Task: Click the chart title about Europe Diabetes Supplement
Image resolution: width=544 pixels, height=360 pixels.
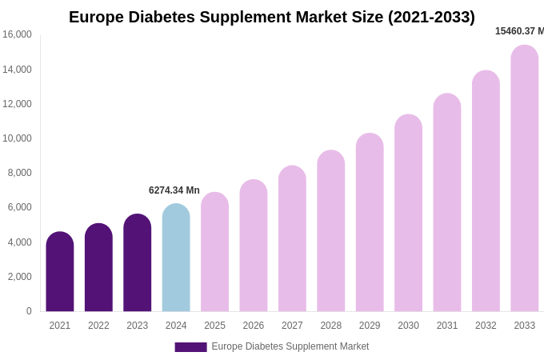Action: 271,17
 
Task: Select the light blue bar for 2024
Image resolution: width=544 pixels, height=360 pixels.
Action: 176,258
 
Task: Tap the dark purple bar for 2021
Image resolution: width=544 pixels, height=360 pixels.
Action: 60,272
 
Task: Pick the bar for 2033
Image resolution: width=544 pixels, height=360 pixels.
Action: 524,178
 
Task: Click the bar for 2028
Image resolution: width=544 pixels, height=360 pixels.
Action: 330,231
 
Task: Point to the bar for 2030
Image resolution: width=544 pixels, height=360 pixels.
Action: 408,213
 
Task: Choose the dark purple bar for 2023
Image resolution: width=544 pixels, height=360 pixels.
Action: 138,262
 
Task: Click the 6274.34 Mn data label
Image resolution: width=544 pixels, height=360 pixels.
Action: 174,190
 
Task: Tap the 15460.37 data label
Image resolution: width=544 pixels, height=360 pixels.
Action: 519,31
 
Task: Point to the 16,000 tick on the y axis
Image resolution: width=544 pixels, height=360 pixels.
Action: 17,34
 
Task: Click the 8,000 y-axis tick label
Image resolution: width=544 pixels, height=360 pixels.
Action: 19,173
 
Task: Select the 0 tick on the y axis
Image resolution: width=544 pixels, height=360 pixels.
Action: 29,311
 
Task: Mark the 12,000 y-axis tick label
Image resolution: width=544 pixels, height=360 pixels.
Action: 17,104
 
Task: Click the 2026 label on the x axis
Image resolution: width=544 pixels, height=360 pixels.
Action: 254,326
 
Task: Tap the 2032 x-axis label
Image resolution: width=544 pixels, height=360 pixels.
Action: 486,326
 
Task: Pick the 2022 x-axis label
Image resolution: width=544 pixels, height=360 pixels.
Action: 98,326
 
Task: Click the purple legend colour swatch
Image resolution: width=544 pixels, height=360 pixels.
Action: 190,347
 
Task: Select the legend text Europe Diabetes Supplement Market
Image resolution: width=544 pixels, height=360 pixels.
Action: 290,346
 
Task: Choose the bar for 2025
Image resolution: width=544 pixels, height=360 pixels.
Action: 214,252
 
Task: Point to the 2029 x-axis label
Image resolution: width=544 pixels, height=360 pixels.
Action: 370,326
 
